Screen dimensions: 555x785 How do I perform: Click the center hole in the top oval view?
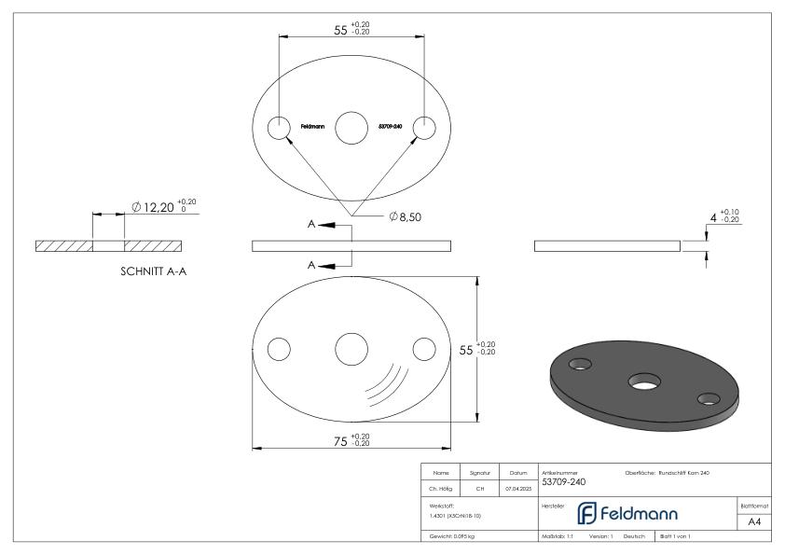[351, 128]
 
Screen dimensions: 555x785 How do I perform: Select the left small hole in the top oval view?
[278, 128]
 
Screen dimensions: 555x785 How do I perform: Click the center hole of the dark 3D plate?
[642, 381]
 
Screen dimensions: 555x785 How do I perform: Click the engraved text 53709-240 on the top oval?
[391, 128]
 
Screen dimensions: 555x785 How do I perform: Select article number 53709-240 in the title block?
[563, 482]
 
